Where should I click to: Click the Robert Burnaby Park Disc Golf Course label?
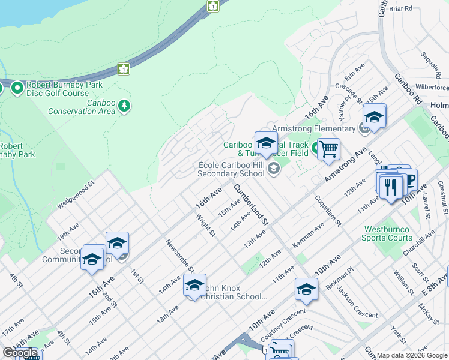(x=58, y=89)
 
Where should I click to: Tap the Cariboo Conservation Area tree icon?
(x=125, y=106)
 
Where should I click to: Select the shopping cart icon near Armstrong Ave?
(x=328, y=148)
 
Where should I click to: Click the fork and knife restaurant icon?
(x=391, y=187)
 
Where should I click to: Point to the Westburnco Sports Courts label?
(x=386, y=233)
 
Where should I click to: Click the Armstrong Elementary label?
(x=313, y=128)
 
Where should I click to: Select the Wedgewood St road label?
(x=76, y=196)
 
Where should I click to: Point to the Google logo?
(x=20, y=353)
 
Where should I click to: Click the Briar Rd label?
(x=400, y=8)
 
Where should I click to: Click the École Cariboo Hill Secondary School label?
(x=232, y=169)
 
